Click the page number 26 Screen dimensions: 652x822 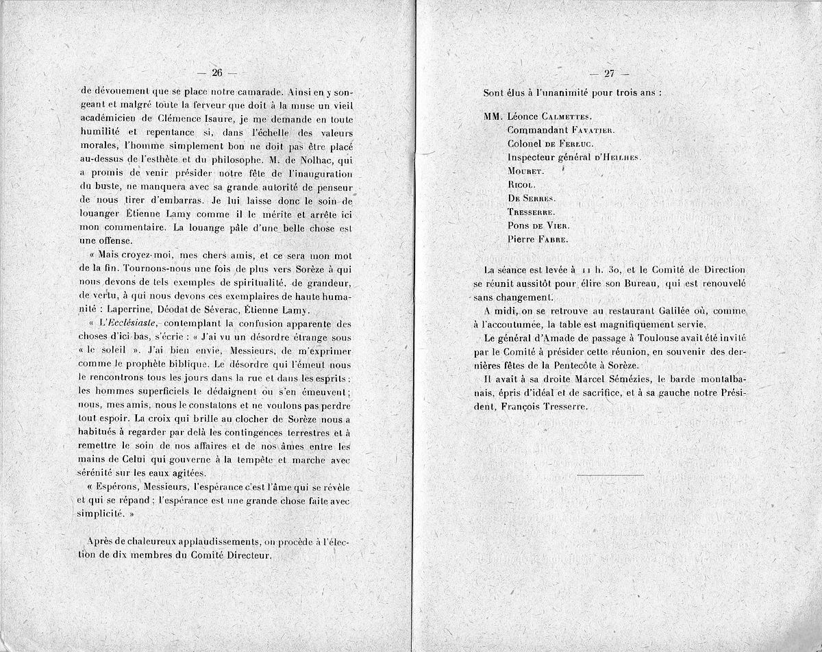click(218, 74)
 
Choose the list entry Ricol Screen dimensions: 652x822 click(521, 184)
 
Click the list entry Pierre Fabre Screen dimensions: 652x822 click(538, 239)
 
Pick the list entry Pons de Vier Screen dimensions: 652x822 click(539, 225)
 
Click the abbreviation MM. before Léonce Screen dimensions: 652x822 click(494, 117)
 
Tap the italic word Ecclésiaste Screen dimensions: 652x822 click(133, 323)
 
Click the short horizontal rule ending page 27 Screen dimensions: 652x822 click(610, 475)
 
